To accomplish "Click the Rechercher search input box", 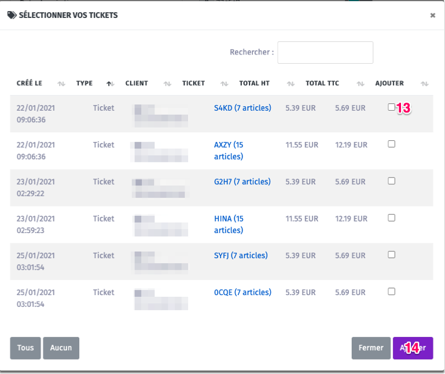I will [325, 52].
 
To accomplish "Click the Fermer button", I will [371, 348].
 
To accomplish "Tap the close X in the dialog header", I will [432, 16].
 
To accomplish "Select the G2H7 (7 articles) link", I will [242, 181].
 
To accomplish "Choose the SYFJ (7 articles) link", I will [241, 255].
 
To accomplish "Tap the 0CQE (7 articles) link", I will [242, 292].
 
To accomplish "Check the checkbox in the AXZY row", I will [392, 144].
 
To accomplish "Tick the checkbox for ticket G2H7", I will [392, 181].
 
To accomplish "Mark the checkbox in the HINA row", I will [392, 218].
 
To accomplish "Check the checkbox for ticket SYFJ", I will [392, 255].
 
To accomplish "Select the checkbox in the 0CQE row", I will [392, 292].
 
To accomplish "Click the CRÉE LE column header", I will [30, 83].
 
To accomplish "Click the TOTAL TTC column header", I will [322, 83].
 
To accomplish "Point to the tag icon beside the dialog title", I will [12, 16].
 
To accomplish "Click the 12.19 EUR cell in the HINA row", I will [351, 219].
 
